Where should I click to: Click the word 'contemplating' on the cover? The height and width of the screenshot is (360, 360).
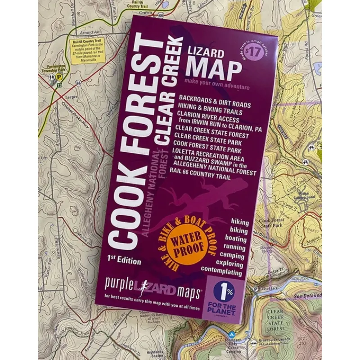[x=222, y=272]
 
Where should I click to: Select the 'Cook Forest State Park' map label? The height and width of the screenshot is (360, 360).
[x=272, y=222]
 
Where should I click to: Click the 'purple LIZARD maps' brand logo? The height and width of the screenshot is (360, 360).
[x=153, y=285]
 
